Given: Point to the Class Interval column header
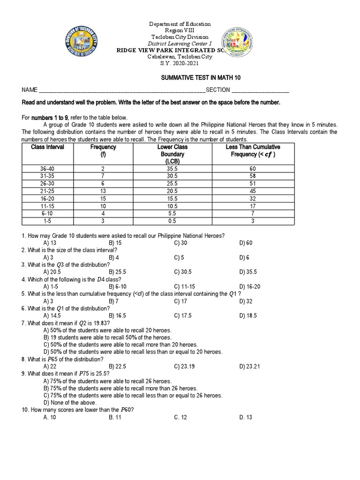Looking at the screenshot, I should click(x=47, y=147).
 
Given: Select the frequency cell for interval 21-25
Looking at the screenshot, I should click(x=102, y=190).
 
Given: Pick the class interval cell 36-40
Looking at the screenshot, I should click(x=47, y=168).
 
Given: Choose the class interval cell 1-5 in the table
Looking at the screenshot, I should click(x=47, y=220).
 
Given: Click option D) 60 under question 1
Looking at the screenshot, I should click(x=246, y=243).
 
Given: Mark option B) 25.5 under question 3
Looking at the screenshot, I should click(x=117, y=272).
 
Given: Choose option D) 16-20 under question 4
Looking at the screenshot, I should click(x=249, y=286).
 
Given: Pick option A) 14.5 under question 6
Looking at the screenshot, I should click(x=52, y=315).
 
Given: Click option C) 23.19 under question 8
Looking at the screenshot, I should click(x=183, y=366).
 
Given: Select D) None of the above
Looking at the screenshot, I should click(x=69, y=403).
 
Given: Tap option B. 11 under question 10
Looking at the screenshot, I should click(x=115, y=417).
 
